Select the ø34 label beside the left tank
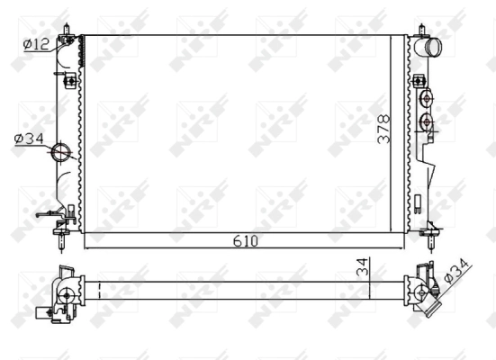click(29, 138)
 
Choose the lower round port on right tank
click(427, 121)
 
